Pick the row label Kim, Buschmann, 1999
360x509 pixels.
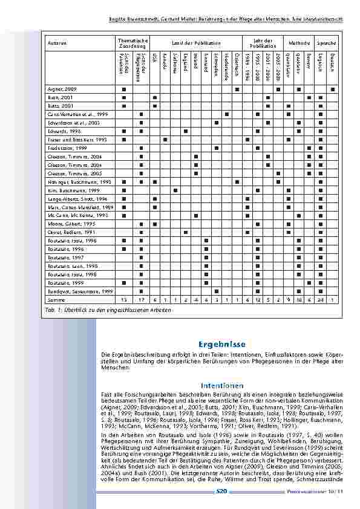[66, 190]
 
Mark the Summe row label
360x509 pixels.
[55, 299]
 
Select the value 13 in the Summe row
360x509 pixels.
[123, 299]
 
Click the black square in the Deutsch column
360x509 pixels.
[332, 89]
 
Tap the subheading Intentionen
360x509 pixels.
[223, 385]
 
